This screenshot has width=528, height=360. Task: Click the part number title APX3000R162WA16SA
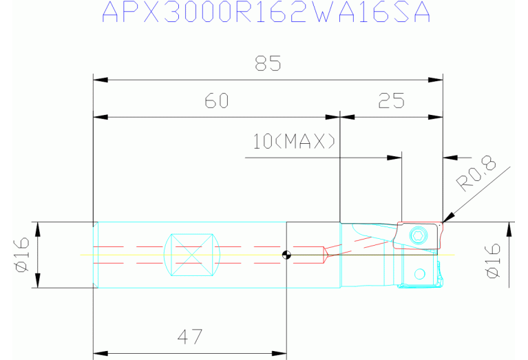[266, 12]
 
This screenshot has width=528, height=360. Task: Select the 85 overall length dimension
[268, 63]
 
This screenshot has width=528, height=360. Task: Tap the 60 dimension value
[217, 100]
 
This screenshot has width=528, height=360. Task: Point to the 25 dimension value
[391, 100]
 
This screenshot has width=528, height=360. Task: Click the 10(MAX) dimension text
[294, 141]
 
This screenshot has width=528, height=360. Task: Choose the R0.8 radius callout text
[476, 173]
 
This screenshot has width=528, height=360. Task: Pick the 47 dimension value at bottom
[190, 337]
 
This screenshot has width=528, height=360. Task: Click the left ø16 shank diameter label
[21, 255]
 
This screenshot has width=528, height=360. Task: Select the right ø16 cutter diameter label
[494, 261]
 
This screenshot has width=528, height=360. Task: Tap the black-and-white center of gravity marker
[286, 255]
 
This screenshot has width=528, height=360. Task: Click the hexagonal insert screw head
[419, 235]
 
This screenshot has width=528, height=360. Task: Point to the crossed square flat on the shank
[192, 255]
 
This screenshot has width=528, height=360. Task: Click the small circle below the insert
[419, 274]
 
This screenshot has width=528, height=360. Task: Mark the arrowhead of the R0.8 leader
[449, 218]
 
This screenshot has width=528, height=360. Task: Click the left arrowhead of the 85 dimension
[101, 80]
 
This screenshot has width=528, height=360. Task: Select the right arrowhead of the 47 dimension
[279, 354]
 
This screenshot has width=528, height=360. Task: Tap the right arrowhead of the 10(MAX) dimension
[394, 158]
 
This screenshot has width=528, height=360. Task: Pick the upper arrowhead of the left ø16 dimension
[37, 229]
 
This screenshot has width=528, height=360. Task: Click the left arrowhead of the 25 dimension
[348, 117]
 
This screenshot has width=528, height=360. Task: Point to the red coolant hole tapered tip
[326, 255]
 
